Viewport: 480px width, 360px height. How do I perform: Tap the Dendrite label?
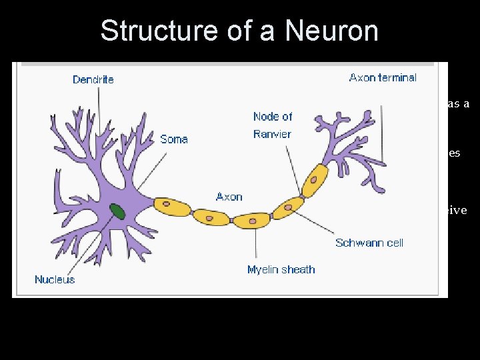pyautogui.click(x=93, y=79)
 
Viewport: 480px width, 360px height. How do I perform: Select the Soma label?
pyautogui.click(x=174, y=139)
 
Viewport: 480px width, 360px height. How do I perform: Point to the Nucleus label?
pyautogui.click(x=55, y=279)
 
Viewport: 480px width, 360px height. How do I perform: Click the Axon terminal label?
pyautogui.click(x=383, y=77)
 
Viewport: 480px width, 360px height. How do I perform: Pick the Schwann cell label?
pyautogui.click(x=369, y=243)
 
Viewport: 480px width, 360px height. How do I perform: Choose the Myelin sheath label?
pyautogui.click(x=281, y=269)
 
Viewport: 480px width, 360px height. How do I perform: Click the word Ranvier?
pyautogui.click(x=272, y=134)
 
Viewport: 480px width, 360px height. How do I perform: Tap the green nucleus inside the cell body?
pyautogui.click(x=117, y=211)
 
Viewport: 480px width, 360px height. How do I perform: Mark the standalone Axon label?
pyautogui.click(x=229, y=197)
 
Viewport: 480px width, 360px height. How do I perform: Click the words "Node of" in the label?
pyautogui.click(x=273, y=117)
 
